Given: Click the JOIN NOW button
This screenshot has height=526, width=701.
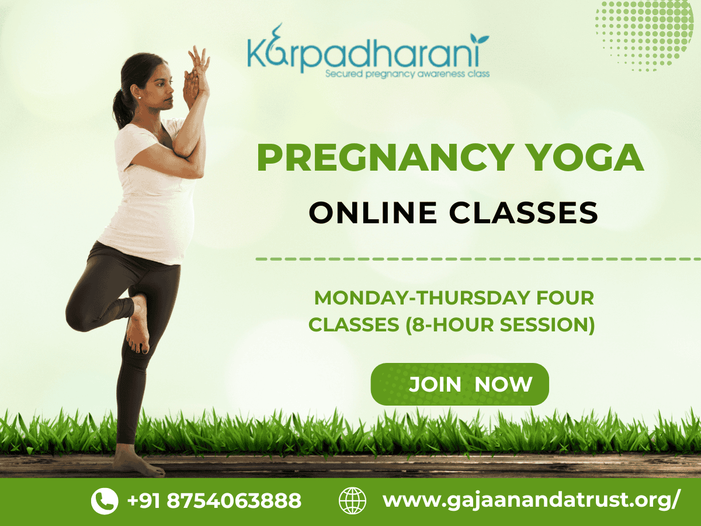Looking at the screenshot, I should click(460, 385).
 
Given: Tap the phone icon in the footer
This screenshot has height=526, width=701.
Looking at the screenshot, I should click(105, 501).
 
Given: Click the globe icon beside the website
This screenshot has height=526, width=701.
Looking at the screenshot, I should click(352, 501).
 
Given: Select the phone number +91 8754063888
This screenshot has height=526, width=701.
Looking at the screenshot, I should click(214, 501).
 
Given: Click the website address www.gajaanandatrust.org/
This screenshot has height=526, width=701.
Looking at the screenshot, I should click(531, 501).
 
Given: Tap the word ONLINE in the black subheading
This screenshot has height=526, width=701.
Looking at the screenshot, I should click(372, 213).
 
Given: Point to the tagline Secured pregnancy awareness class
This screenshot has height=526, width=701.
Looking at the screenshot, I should click(407, 74).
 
